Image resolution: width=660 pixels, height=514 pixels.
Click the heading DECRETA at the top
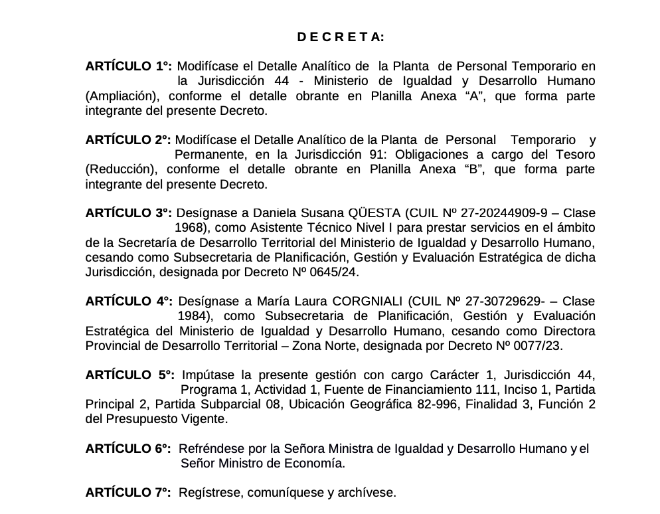[x=340, y=38]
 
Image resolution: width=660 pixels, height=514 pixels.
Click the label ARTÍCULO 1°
[x=129, y=66]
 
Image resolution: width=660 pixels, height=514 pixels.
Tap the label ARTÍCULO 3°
[x=129, y=213]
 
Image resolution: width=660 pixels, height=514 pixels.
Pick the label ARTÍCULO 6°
[x=129, y=448]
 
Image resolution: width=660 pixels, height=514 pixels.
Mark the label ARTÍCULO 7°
[x=129, y=492]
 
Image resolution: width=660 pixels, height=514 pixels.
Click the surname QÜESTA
[x=376, y=213]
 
